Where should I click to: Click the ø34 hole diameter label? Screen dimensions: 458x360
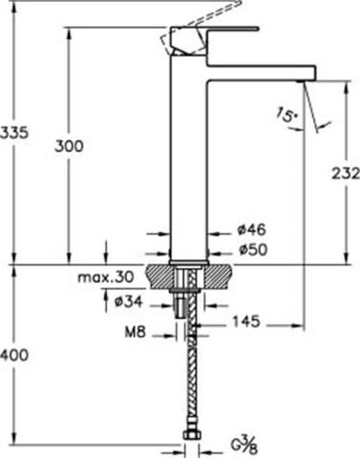[128, 302]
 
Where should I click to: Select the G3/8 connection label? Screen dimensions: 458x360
[247, 443]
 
